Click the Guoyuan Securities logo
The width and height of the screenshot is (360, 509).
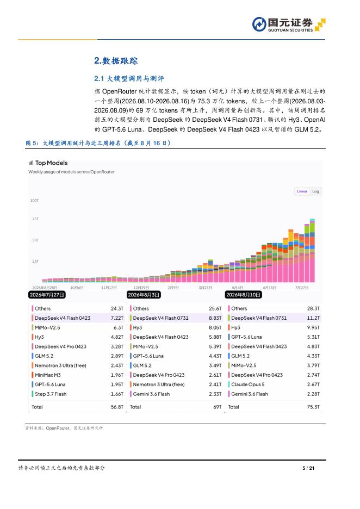[289, 24]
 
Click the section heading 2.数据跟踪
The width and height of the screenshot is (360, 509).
[116, 61]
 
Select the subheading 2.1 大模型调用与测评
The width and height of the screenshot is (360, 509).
[129, 78]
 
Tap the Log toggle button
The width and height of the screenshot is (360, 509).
[315, 191]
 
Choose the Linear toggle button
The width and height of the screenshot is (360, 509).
[302, 191]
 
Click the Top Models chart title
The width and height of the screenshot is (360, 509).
[51, 163]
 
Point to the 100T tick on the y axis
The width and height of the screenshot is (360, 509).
[34, 201]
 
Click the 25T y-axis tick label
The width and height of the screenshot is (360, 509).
[35, 262]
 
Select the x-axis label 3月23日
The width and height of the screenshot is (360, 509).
[205, 288]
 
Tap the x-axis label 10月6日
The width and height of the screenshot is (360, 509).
[77, 288]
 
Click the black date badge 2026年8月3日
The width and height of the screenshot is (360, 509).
[144, 295]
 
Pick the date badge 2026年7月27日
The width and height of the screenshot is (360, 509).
[47, 295]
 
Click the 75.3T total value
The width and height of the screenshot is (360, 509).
[313, 407]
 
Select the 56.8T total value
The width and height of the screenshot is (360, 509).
[117, 407]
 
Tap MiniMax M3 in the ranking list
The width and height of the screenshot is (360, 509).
[48, 375]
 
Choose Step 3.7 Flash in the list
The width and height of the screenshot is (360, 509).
[51, 394]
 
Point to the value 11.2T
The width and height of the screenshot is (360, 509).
[313, 318]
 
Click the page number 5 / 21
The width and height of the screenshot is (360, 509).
[308, 468]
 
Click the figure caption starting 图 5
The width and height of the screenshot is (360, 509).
[98, 143]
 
